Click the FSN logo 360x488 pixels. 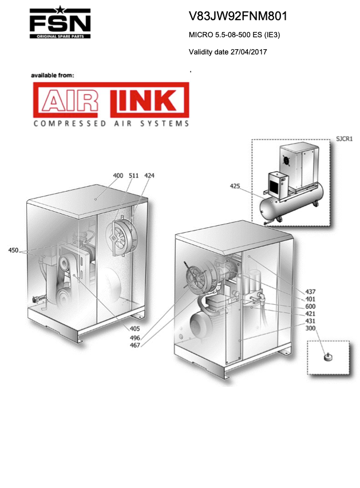tap(60, 22)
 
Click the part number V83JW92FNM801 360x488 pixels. tap(238, 16)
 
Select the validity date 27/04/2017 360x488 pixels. tap(248, 51)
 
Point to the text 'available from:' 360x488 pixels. tap(53, 76)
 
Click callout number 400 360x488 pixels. tap(118, 176)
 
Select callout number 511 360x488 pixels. tap(133, 176)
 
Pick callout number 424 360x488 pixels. tap(149, 176)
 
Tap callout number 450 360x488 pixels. tap(13, 250)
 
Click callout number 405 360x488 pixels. tap(135, 328)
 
